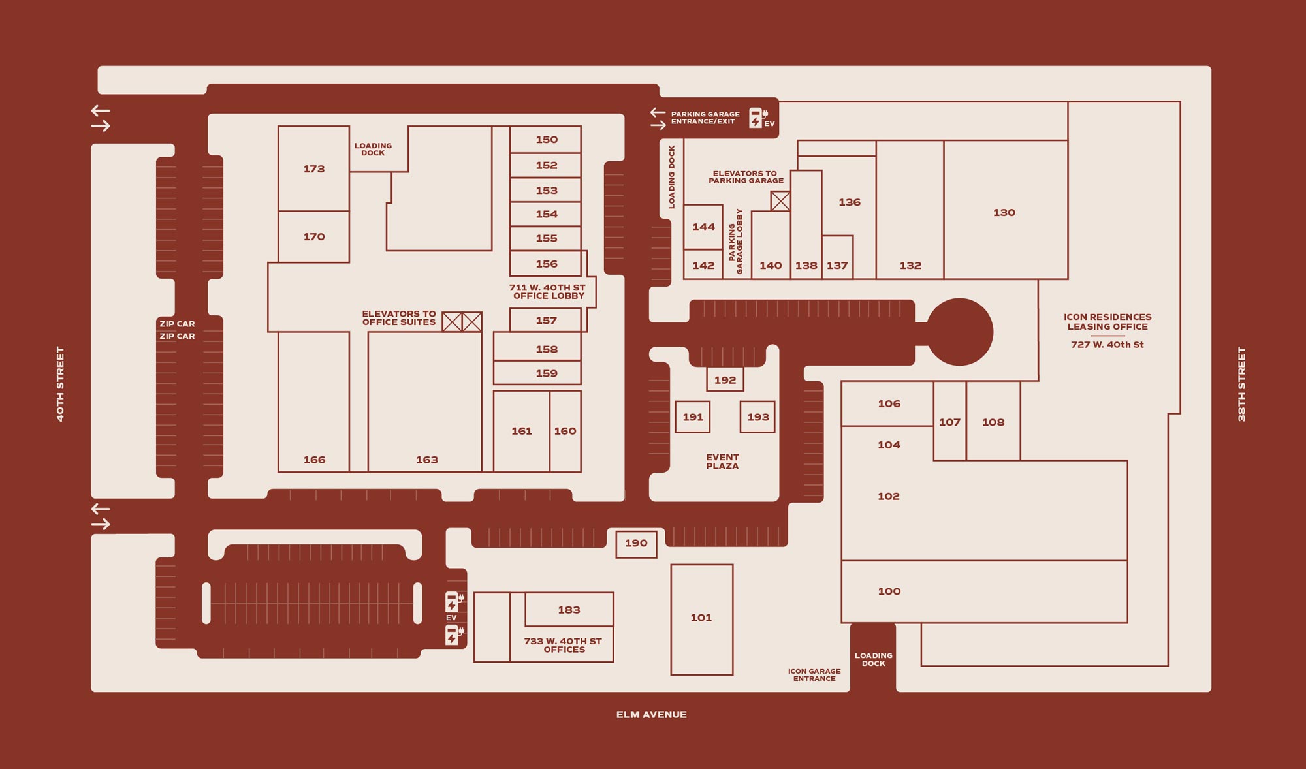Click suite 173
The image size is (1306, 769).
[313, 168]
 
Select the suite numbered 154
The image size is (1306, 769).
[546, 214]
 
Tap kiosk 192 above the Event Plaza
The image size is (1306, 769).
[725, 380]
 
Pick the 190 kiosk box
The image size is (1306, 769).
[636, 543]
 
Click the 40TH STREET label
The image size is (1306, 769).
[60, 384]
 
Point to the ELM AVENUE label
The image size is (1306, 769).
[651, 714]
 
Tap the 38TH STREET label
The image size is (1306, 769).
[1241, 384]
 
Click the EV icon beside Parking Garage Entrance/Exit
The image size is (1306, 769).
[757, 118]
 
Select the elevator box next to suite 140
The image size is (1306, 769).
[780, 201]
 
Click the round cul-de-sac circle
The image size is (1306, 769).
[959, 332]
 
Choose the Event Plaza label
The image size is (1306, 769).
[722, 462]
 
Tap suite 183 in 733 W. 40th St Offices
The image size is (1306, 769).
[569, 610]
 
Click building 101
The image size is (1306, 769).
[701, 618]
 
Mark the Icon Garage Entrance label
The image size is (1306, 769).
[814, 674]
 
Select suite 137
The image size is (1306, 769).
[837, 265]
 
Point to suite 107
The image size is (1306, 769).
[949, 422]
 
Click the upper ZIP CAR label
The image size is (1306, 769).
[177, 324]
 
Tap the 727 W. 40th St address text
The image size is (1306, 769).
[1107, 345]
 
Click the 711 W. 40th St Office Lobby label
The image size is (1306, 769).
[547, 292]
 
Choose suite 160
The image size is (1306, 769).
[565, 431]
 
